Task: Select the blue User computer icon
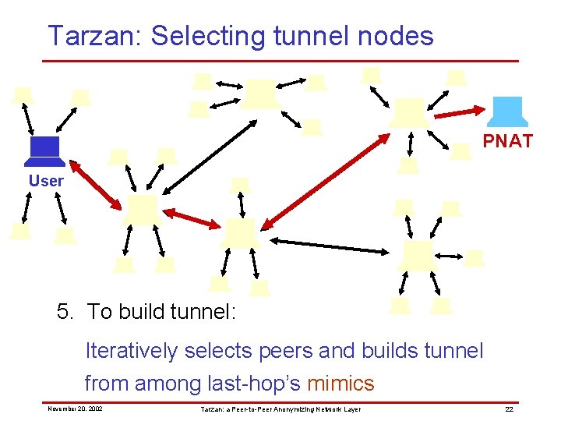(44, 151)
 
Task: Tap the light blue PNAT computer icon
(510, 111)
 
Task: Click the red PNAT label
(507, 141)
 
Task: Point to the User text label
(46, 181)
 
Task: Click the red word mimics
(340, 384)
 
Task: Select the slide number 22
(509, 409)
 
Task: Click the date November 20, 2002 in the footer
(75, 409)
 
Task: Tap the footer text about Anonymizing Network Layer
(280, 409)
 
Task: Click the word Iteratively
(132, 351)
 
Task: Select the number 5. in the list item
(67, 312)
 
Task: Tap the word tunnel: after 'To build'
(204, 312)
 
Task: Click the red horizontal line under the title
(280, 61)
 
